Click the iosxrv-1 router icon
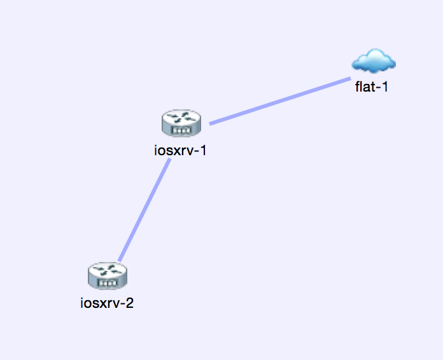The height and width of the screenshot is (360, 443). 181,122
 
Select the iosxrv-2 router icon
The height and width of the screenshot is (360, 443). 107,275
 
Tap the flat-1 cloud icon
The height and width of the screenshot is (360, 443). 374,62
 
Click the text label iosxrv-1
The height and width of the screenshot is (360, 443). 181,151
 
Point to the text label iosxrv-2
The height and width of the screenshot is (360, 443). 107,303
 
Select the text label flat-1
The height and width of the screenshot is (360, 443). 372,87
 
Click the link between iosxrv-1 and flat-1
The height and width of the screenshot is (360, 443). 280,100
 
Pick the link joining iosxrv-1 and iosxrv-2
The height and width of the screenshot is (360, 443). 144,210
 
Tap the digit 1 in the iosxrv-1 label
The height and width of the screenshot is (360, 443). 204,151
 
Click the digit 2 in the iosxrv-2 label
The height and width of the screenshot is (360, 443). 129,303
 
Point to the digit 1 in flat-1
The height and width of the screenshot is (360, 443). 384,87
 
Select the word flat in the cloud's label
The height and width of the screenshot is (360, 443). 365,87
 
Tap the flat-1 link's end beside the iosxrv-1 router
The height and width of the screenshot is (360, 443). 211,123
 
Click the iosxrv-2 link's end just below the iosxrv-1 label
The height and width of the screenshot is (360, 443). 169,160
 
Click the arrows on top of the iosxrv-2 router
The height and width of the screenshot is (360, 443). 107,270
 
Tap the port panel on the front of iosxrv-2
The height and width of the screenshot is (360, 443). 108,282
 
